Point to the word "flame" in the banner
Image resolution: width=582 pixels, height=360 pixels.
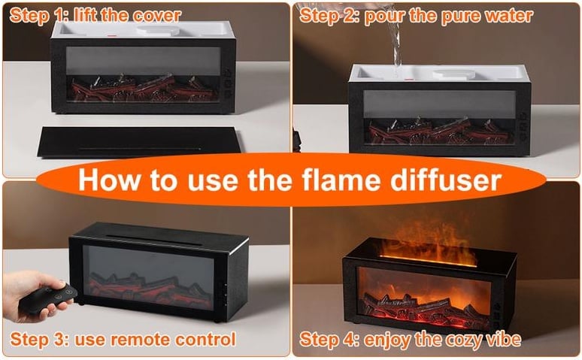pyautogui.click(x=341, y=180)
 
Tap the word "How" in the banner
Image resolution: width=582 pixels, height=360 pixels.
pyautogui.click(x=110, y=180)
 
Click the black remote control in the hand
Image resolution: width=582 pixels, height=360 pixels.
pyautogui.click(x=47, y=299)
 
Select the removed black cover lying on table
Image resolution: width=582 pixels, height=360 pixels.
pyautogui.click(x=138, y=142)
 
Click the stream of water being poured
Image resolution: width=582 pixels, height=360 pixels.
pyautogui.click(x=395, y=37)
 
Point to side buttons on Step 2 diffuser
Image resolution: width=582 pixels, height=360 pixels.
pyautogui.click(x=523, y=127)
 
